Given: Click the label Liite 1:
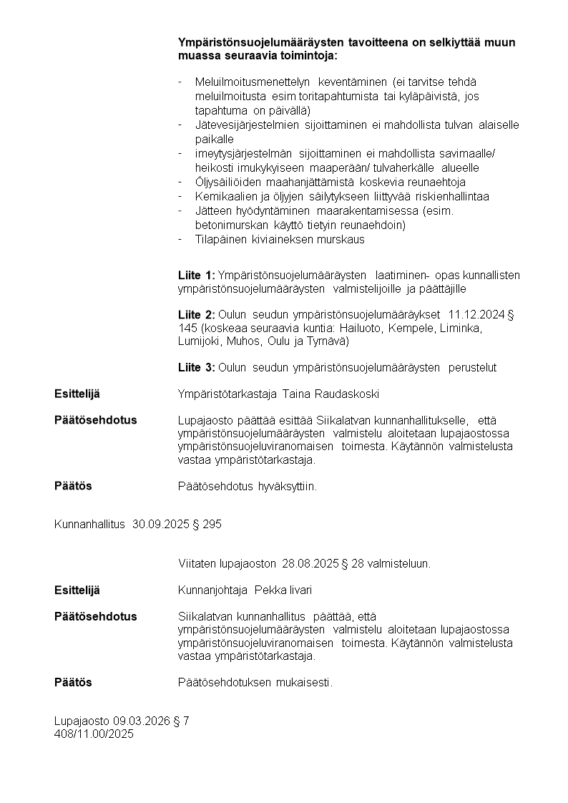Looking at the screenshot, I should pos(196,276).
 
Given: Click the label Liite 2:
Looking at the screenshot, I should pos(196,315).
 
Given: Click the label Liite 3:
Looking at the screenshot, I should pos(196,368).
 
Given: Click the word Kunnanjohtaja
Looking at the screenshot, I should pos(212,590).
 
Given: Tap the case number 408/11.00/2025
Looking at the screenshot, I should pos(94,734).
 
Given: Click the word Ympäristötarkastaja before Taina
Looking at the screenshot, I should pos(227,394).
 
